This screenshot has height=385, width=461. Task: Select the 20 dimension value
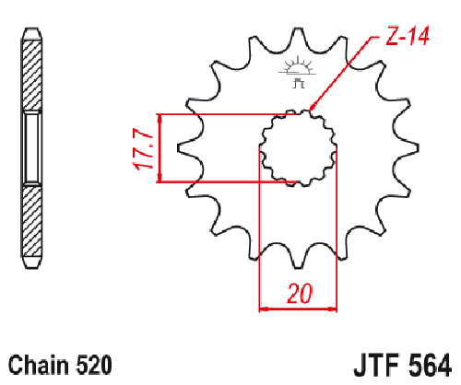tap(297, 294)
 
